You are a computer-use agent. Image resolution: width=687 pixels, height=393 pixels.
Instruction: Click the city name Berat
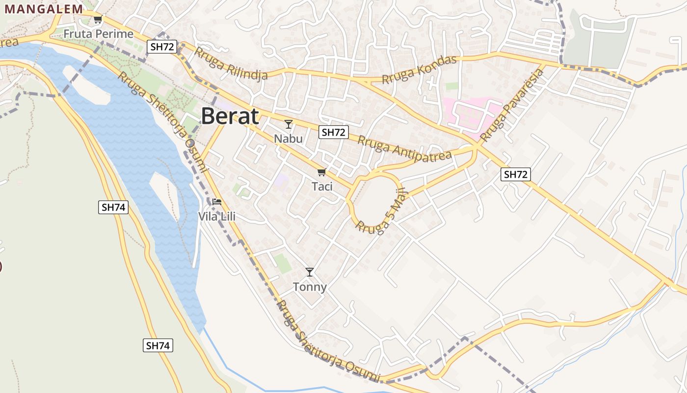(230, 116)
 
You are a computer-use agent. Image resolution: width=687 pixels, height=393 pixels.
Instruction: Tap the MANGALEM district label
(44, 9)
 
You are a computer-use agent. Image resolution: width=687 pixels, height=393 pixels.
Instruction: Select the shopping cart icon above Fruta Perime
(98, 20)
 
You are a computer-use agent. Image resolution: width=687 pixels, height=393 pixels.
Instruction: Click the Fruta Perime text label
(99, 34)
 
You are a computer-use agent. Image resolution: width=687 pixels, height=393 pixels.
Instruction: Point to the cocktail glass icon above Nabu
(289, 124)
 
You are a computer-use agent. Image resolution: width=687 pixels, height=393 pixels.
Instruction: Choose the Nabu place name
(289, 139)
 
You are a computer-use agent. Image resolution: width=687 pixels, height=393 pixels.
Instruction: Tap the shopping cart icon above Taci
(322, 172)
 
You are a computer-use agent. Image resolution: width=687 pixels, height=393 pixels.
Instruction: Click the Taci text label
(322, 186)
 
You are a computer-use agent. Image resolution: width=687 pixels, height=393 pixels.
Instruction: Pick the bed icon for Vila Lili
(217, 201)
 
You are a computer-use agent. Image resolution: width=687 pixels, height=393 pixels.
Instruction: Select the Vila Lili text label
(217, 216)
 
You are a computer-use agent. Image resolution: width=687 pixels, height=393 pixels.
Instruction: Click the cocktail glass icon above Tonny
(310, 272)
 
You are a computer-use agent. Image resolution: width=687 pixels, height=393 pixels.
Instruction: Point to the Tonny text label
(310, 286)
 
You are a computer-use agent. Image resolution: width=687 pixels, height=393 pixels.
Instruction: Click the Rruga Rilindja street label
(231, 63)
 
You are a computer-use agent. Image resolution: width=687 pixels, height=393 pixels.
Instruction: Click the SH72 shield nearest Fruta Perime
(161, 47)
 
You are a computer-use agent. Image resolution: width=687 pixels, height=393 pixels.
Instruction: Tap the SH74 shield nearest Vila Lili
(113, 207)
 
